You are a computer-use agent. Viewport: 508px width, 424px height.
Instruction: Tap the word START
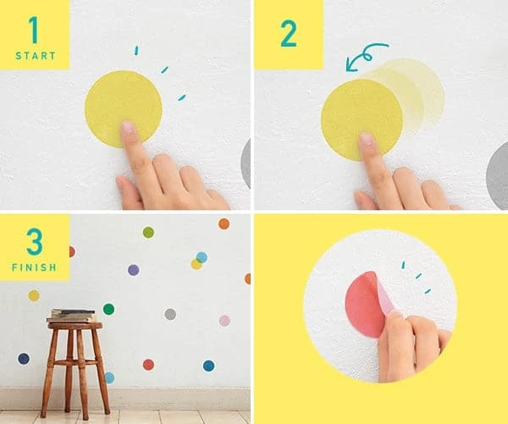34,55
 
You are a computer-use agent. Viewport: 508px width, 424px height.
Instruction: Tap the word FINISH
34,267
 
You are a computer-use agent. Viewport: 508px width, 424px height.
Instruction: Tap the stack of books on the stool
73,315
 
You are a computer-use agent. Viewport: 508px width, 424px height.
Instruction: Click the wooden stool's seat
75,325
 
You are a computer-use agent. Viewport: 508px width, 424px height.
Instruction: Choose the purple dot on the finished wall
133,270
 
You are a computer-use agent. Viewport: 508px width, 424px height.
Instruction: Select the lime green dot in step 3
148,232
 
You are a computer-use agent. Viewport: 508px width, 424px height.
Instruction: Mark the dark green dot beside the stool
108,309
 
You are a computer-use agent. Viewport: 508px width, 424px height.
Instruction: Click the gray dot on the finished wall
170,314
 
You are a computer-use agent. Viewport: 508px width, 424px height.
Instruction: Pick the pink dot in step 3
224,321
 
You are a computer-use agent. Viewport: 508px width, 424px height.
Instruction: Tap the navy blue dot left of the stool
24,359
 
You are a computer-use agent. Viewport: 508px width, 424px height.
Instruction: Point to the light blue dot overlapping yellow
202,257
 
